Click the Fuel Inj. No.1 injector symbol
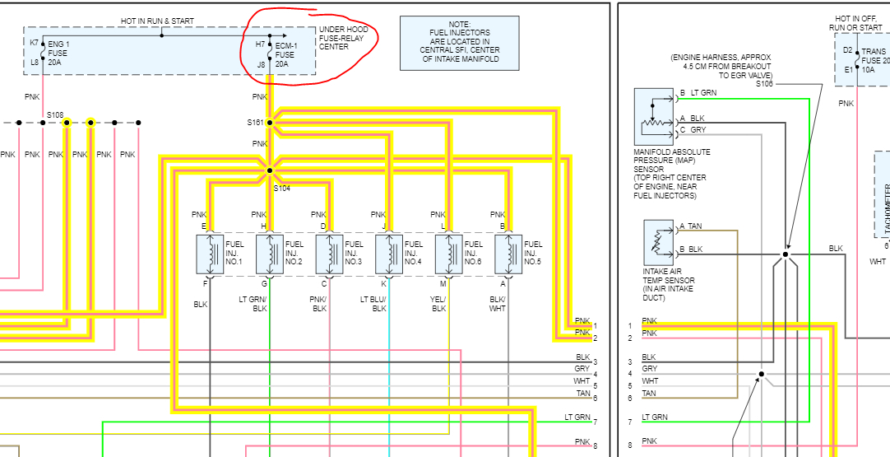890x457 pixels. pos(211,254)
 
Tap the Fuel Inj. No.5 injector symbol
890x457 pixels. pos(508,254)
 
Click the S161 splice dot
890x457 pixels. pos(270,123)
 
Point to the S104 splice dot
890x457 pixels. pos(270,170)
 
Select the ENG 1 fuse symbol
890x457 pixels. pos(43,51)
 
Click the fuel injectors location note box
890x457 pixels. pos(449,46)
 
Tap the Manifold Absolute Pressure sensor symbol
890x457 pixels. pos(653,116)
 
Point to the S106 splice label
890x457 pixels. pos(764,83)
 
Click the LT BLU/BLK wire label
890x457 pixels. pos(378,304)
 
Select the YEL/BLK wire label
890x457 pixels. pos(438,304)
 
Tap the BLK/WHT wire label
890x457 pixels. pos(498,304)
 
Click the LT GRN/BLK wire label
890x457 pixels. pos(260,304)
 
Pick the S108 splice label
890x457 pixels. pos(55,114)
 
